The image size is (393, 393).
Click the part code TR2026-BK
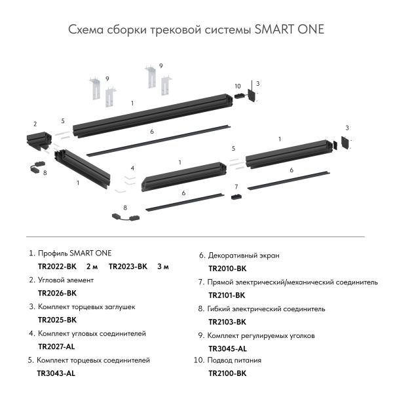pos(58,293)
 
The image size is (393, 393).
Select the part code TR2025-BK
pos(58,320)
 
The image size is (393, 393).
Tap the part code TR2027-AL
pos(57,346)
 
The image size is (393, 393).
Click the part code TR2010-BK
pos(227,269)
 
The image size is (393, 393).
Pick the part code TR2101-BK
pos(227,295)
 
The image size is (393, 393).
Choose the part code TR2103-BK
pos(227,322)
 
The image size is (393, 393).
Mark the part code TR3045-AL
pos(227,348)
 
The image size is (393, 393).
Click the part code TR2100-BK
pos(227,373)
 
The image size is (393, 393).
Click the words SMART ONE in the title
pos(289,31)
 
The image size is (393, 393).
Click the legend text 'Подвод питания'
pos(234,360)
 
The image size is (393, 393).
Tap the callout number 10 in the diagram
pos(237,86)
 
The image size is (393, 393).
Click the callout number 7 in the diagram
pos(236,187)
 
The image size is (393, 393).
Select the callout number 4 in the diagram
pos(132,168)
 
